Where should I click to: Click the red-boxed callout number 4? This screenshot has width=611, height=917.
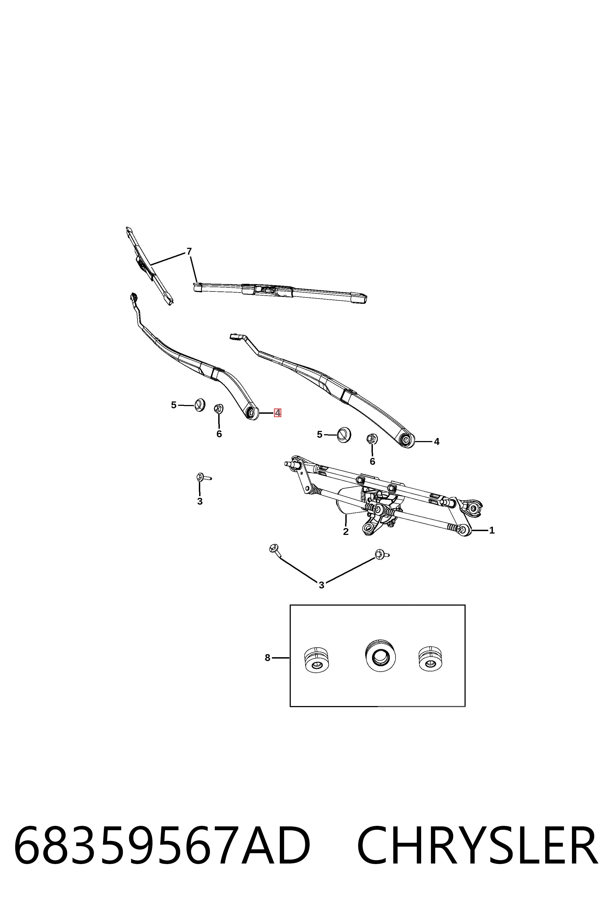coord(277,412)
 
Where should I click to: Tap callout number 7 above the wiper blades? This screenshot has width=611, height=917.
coord(189,251)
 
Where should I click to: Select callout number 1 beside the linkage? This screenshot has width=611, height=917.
coord(492,530)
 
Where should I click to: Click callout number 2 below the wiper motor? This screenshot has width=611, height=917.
coord(346,531)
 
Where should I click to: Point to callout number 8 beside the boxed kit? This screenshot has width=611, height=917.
coord(267,658)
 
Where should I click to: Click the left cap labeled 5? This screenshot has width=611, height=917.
coord(200,405)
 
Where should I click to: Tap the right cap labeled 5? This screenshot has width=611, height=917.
coord(344,434)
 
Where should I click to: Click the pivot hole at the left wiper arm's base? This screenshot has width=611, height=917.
coord(251,412)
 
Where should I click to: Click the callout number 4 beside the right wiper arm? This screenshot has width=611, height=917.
coord(436,442)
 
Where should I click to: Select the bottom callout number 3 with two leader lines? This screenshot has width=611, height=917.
coord(322,585)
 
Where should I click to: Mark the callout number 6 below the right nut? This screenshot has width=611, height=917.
coord(373,462)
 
